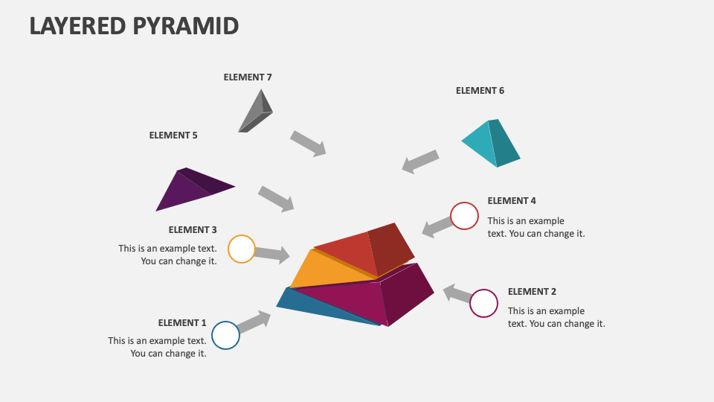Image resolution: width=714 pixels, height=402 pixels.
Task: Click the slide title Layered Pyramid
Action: tap(134, 25)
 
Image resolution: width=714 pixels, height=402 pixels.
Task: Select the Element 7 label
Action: tap(248, 77)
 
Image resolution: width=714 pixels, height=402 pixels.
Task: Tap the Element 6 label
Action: tap(480, 90)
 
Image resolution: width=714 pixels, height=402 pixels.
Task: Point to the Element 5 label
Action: tap(173, 135)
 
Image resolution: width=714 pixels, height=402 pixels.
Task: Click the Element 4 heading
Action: tap(512, 200)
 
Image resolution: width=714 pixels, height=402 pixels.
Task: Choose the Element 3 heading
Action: tap(193, 229)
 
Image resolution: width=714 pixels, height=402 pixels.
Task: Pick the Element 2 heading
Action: tap(532, 291)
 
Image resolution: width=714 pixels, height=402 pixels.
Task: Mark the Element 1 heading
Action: tap(182, 322)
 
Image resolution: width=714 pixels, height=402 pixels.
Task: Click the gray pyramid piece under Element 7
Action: tap(255, 113)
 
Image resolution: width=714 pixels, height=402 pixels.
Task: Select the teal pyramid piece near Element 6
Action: tap(491, 143)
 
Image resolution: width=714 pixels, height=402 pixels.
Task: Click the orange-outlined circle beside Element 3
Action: tap(241, 249)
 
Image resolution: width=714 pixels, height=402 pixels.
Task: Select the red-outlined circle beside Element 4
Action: tap(465, 216)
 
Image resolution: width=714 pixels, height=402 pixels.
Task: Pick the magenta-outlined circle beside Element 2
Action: tap(483, 304)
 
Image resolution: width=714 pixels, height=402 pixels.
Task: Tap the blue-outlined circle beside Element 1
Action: tap(225, 335)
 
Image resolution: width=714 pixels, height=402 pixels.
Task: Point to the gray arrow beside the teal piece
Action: tap(420, 161)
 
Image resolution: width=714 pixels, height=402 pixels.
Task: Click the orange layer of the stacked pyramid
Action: tap(331, 270)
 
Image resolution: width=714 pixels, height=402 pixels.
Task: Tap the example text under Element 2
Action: tap(556, 317)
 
